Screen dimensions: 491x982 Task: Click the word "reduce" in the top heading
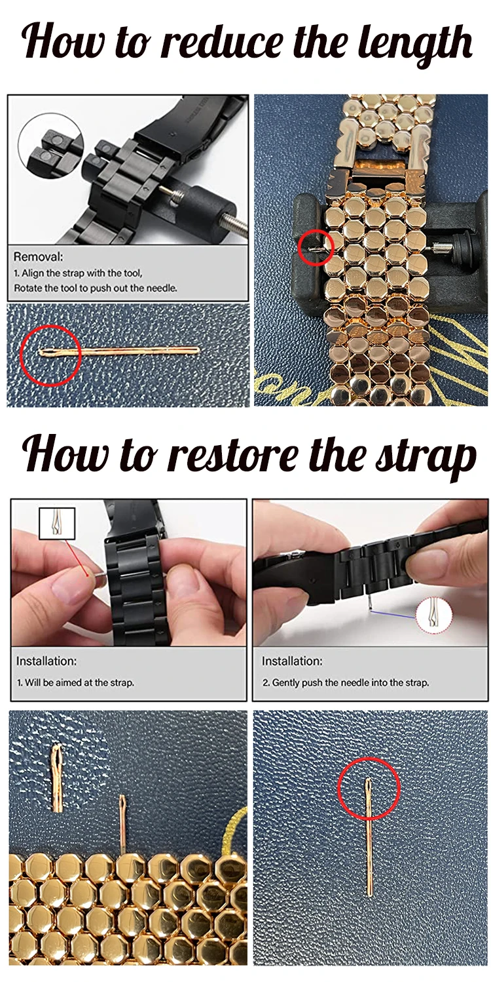click(x=225, y=42)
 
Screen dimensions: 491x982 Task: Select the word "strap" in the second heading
click(x=426, y=458)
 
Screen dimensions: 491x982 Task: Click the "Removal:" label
click(x=38, y=257)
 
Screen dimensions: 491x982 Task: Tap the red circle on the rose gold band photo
click(x=316, y=248)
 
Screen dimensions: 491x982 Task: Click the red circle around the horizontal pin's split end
click(x=50, y=355)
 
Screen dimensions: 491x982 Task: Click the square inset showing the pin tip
click(x=57, y=523)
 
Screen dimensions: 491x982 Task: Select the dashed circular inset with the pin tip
click(x=433, y=616)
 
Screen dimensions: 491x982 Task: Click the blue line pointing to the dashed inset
click(x=393, y=614)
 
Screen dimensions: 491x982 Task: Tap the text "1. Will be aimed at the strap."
click(x=75, y=682)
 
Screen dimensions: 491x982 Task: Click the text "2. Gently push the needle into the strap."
click(x=346, y=682)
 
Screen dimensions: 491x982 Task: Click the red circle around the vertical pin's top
click(x=369, y=788)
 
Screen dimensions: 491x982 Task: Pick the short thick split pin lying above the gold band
click(x=58, y=778)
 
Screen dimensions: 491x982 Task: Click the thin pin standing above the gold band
click(x=124, y=824)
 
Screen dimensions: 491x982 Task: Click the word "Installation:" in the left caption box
click(x=46, y=661)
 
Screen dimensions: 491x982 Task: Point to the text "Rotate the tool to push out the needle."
click(x=96, y=288)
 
